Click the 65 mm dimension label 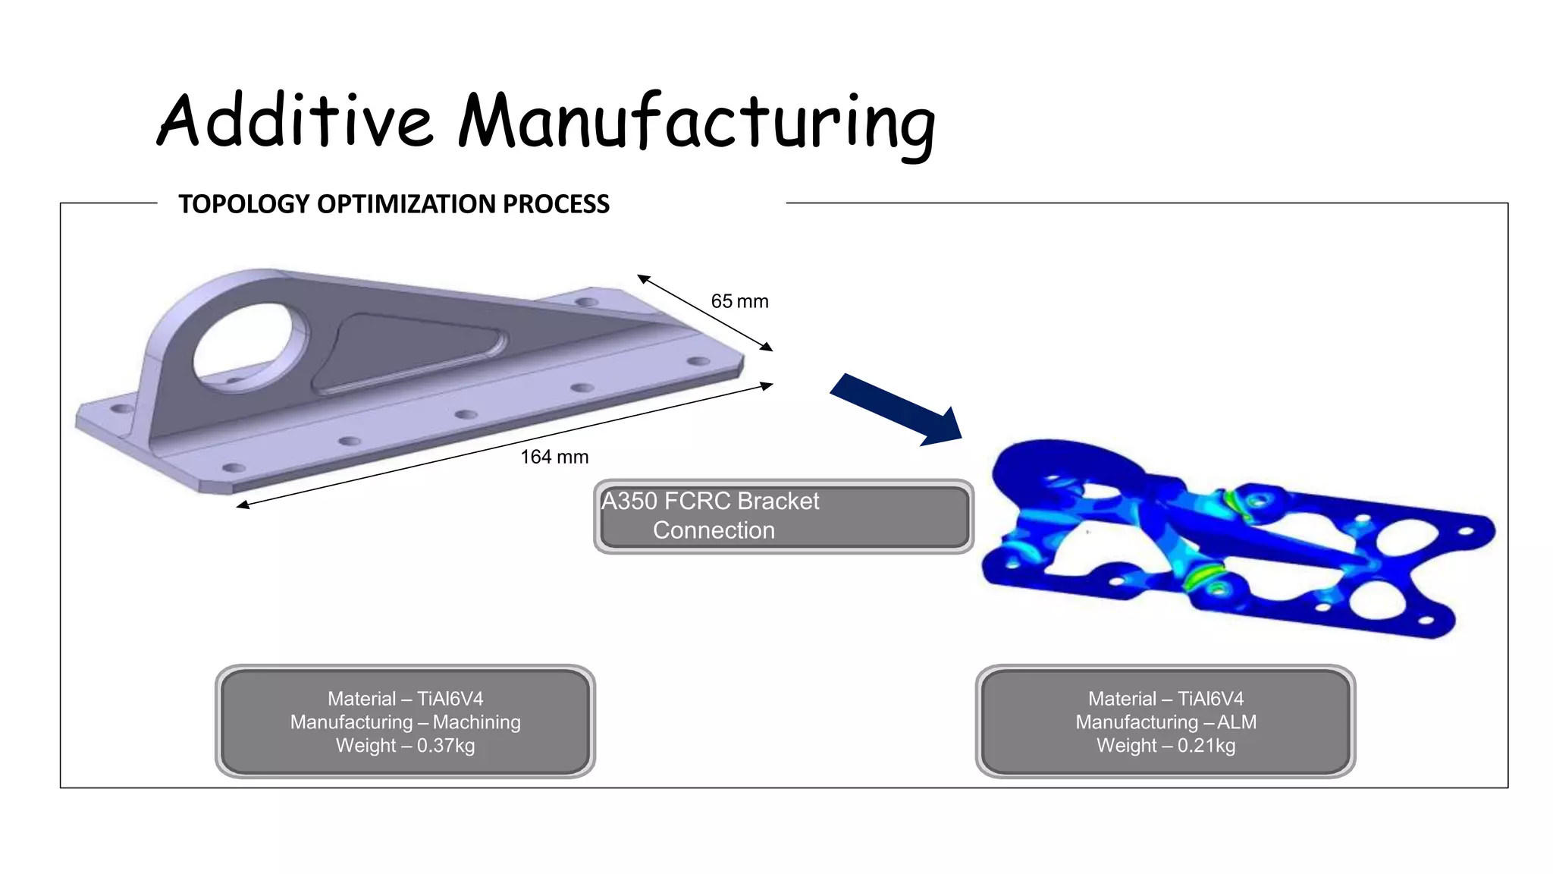(x=739, y=302)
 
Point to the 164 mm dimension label (x=554, y=457)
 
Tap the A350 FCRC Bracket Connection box (x=783, y=516)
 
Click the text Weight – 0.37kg (x=405, y=746)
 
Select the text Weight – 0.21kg (x=1166, y=746)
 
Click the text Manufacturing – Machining (x=405, y=722)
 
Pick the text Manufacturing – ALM (x=1166, y=722)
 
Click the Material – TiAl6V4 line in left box (x=405, y=699)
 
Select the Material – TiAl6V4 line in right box (x=1166, y=699)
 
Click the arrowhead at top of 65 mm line (x=642, y=278)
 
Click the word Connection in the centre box (x=714, y=530)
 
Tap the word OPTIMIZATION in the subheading (x=406, y=204)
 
